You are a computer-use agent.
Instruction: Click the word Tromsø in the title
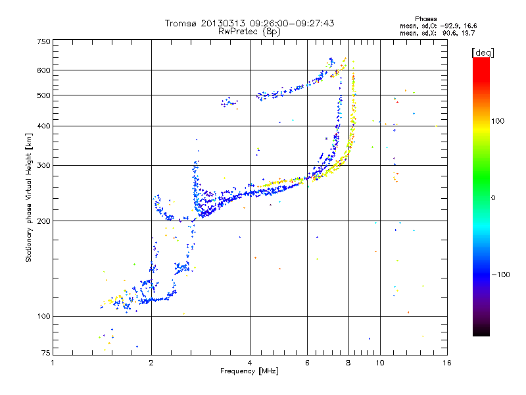(x=181, y=23)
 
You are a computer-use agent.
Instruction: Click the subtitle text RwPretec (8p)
(x=249, y=32)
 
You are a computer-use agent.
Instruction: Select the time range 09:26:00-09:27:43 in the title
(x=292, y=23)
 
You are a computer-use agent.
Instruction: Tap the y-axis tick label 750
(x=44, y=41)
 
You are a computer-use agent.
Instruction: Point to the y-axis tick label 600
(x=44, y=70)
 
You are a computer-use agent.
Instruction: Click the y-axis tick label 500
(x=44, y=95)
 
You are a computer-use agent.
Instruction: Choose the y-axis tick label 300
(x=44, y=166)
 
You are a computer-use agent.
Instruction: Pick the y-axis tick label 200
(x=44, y=221)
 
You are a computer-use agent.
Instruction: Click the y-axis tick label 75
(x=46, y=353)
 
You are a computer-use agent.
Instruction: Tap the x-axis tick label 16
(x=447, y=363)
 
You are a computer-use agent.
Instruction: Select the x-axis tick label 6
(x=307, y=363)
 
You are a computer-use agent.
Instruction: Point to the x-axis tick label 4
(x=250, y=363)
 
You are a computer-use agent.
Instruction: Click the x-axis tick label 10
(x=380, y=363)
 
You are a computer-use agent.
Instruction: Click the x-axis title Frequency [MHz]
(x=249, y=371)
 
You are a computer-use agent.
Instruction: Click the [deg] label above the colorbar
(x=483, y=53)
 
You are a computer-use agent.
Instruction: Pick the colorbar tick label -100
(x=500, y=275)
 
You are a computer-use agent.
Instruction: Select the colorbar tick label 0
(x=493, y=198)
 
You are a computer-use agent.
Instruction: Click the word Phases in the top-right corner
(x=426, y=19)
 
